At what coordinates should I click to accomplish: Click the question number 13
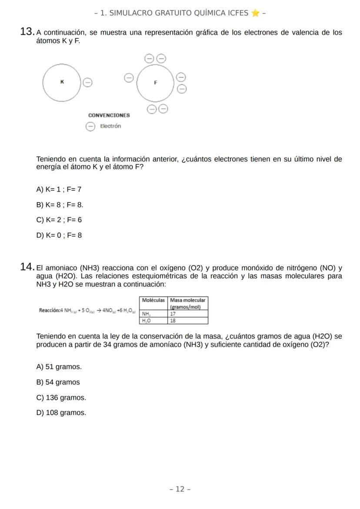(x=27, y=32)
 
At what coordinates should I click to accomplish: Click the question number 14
(x=27, y=267)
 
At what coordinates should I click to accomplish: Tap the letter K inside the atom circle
(x=62, y=82)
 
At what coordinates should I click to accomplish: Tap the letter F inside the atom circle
(x=155, y=82)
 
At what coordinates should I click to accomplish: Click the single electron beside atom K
(x=87, y=82)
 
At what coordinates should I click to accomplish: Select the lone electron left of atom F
(x=129, y=77)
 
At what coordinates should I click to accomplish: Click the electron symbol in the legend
(x=90, y=126)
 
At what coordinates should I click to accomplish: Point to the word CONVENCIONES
(x=109, y=116)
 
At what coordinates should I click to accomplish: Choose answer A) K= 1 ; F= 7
(x=59, y=190)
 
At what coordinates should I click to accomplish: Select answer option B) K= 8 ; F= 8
(x=60, y=205)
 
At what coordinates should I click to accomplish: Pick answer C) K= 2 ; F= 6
(x=59, y=220)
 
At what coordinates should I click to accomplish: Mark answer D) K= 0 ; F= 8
(x=59, y=236)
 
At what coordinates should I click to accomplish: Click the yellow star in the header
(x=255, y=13)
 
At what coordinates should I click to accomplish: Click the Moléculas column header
(x=153, y=300)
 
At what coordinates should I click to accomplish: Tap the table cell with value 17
(x=187, y=313)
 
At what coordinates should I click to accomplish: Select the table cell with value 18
(x=187, y=320)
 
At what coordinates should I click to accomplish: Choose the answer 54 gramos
(x=58, y=383)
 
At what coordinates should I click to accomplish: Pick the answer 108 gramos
(x=61, y=413)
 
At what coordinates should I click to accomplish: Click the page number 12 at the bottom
(x=180, y=489)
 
